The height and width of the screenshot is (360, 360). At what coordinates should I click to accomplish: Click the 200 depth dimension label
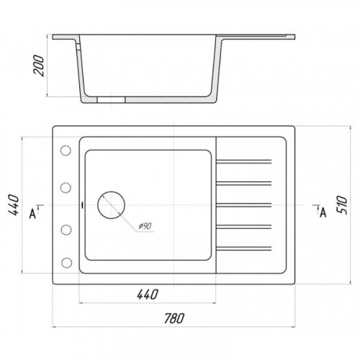(39, 66)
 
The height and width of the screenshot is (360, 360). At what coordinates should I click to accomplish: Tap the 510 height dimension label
(342, 205)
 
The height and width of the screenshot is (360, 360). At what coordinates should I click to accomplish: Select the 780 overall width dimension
(174, 318)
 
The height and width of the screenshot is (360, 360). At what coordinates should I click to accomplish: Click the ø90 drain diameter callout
(145, 226)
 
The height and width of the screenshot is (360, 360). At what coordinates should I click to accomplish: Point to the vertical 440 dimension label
(13, 205)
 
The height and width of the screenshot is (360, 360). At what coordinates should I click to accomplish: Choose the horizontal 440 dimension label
(148, 294)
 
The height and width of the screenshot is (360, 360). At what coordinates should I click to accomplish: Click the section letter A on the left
(32, 214)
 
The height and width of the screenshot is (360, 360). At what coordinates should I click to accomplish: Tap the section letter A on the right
(323, 212)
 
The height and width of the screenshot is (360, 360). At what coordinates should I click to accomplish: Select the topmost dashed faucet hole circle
(66, 150)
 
